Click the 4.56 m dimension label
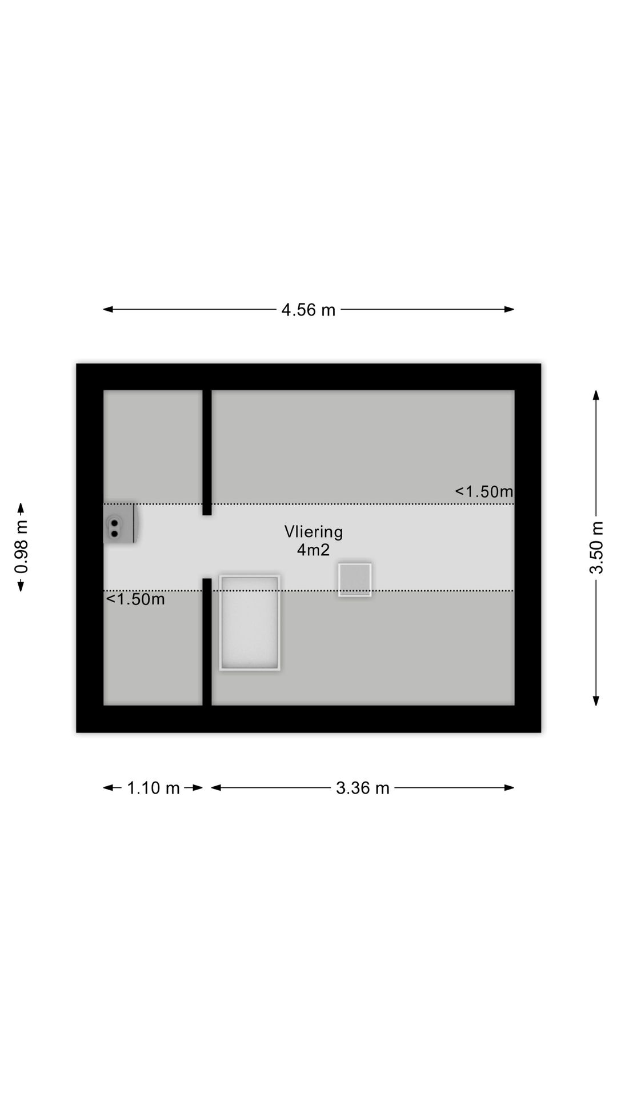(308, 310)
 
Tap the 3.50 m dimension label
(596, 547)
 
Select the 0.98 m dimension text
(21, 547)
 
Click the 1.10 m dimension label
(153, 788)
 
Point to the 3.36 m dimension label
(362, 788)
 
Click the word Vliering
(314, 532)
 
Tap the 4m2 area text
(313, 550)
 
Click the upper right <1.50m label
(484, 491)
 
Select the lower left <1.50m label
(135, 599)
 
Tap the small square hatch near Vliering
(355, 580)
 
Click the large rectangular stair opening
(250, 623)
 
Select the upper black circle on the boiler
(114, 523)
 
